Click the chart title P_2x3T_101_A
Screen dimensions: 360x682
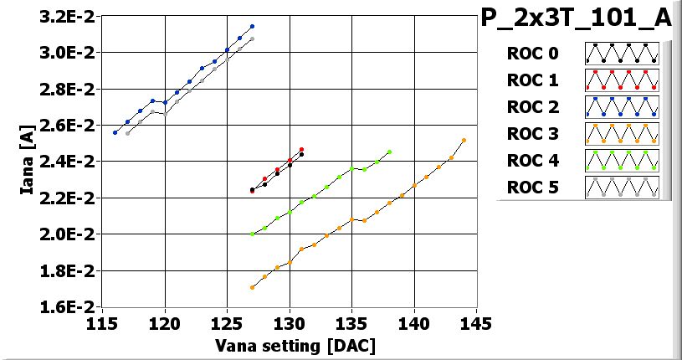(577, 19)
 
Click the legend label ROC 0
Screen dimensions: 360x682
(532, 54)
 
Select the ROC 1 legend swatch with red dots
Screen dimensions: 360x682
(622, 80)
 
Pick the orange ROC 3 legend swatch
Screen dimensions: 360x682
(622, 133)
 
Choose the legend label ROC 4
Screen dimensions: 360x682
(532, 160)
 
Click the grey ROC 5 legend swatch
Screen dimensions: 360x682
(622, 187)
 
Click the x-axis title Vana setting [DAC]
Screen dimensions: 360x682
(295, 346)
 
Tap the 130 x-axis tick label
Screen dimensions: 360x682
(290, 323)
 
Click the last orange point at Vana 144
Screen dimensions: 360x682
(464, 141)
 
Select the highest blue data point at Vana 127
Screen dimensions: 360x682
(252, 27)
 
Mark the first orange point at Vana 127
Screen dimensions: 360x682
(252, 287)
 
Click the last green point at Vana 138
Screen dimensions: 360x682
(389, 152)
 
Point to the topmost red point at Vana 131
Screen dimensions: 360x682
(301, 149)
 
